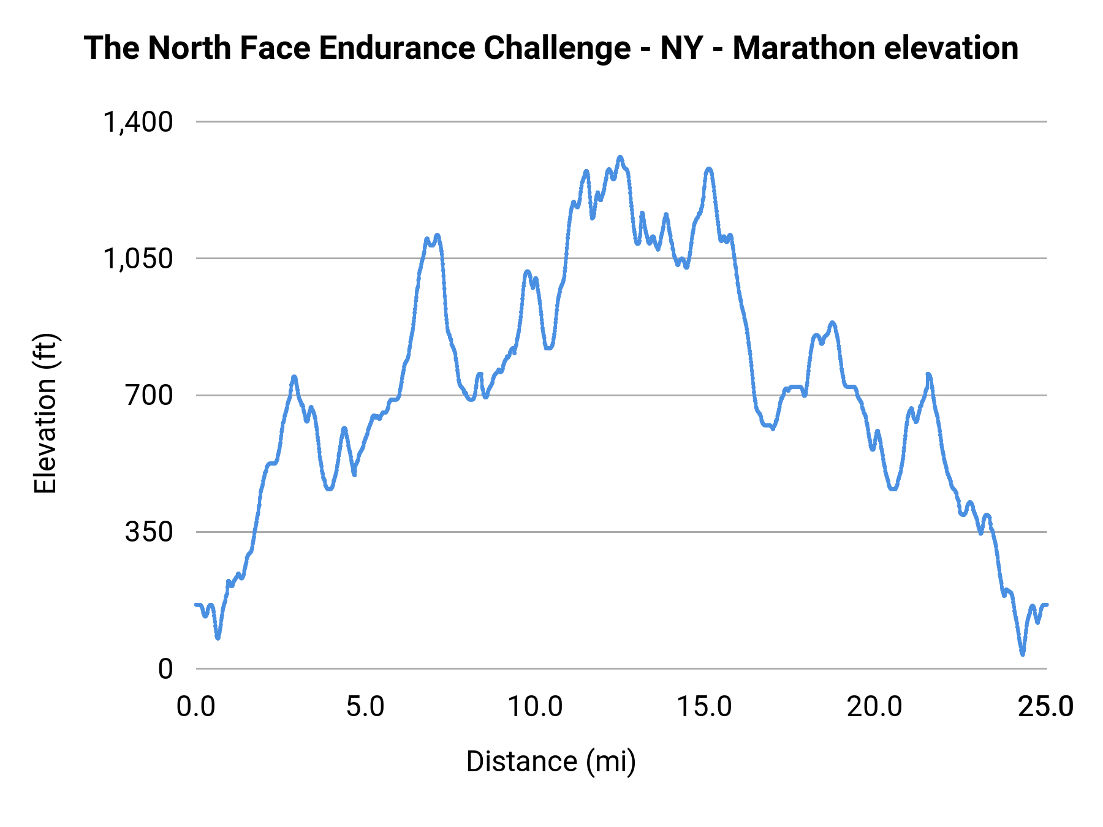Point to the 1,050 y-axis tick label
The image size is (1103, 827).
[x=138, y=259]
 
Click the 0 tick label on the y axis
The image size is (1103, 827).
[x=165, y=669]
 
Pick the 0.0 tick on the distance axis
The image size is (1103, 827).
[x=196, y=707]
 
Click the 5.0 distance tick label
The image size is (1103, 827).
[x=366, y=707]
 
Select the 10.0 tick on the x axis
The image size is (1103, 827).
[x=536, y=707]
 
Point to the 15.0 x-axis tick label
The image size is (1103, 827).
[x=705, y=707]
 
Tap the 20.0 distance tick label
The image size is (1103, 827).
[x=874, y=707]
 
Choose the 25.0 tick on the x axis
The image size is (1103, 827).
[x=1045, y=707]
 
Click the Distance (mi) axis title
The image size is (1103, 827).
[x=551, y=761]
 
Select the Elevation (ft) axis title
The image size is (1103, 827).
[x=46, y=413]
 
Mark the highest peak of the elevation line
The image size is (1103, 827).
[x=620, y=157]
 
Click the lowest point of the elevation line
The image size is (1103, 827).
[x=1022, y=654]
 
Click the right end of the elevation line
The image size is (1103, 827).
[x=1047, y=605]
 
